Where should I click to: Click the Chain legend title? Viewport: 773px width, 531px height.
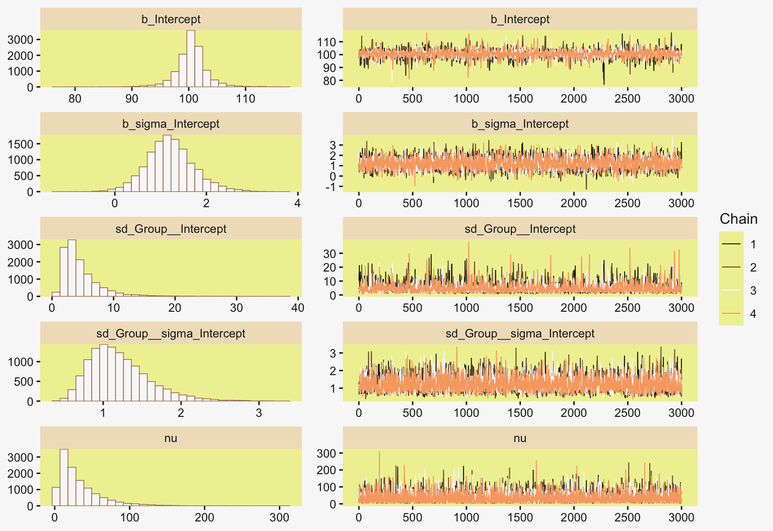pyautogui.click(x=738, y=219)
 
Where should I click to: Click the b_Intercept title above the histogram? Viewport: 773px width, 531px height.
pyautogui.click(x=171, y=19)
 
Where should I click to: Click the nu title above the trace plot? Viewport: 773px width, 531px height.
pyautogui.click(x=520, y=438)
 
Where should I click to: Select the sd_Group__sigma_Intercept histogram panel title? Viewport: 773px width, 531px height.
pyautogui.click(x=171, y=333)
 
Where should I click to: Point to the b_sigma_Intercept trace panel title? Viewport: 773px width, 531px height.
pyautogui.click(x=520, y=124)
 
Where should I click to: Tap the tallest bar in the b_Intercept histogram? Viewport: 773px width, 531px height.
pyautogui.click(x=191, y=58)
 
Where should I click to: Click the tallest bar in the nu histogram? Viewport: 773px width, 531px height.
pyautogui.click(x=64, y=477)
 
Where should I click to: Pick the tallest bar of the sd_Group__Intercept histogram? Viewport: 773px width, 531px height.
pyautogui.click(x=72, y=268)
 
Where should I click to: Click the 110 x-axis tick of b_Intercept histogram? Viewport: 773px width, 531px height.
pyautogui.click(x=246, y=98)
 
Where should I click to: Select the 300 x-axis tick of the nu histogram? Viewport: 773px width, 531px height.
pyautogui.click(x=279, y=517)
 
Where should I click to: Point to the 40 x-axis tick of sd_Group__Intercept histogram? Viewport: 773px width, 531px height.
pyautogui.click(x=298, y=308)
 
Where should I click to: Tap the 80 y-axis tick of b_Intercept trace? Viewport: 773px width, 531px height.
pyautogui.click(x=329, y=80)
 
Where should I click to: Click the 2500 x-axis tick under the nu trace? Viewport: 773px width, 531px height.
pyautogui.click(x=628, y=517)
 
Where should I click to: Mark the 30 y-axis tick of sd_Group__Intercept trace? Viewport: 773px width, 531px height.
pyautogui.click(x=330, y=253)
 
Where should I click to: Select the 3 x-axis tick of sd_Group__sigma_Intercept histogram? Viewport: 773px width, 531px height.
pyautogui.click(x=259, y=412)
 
